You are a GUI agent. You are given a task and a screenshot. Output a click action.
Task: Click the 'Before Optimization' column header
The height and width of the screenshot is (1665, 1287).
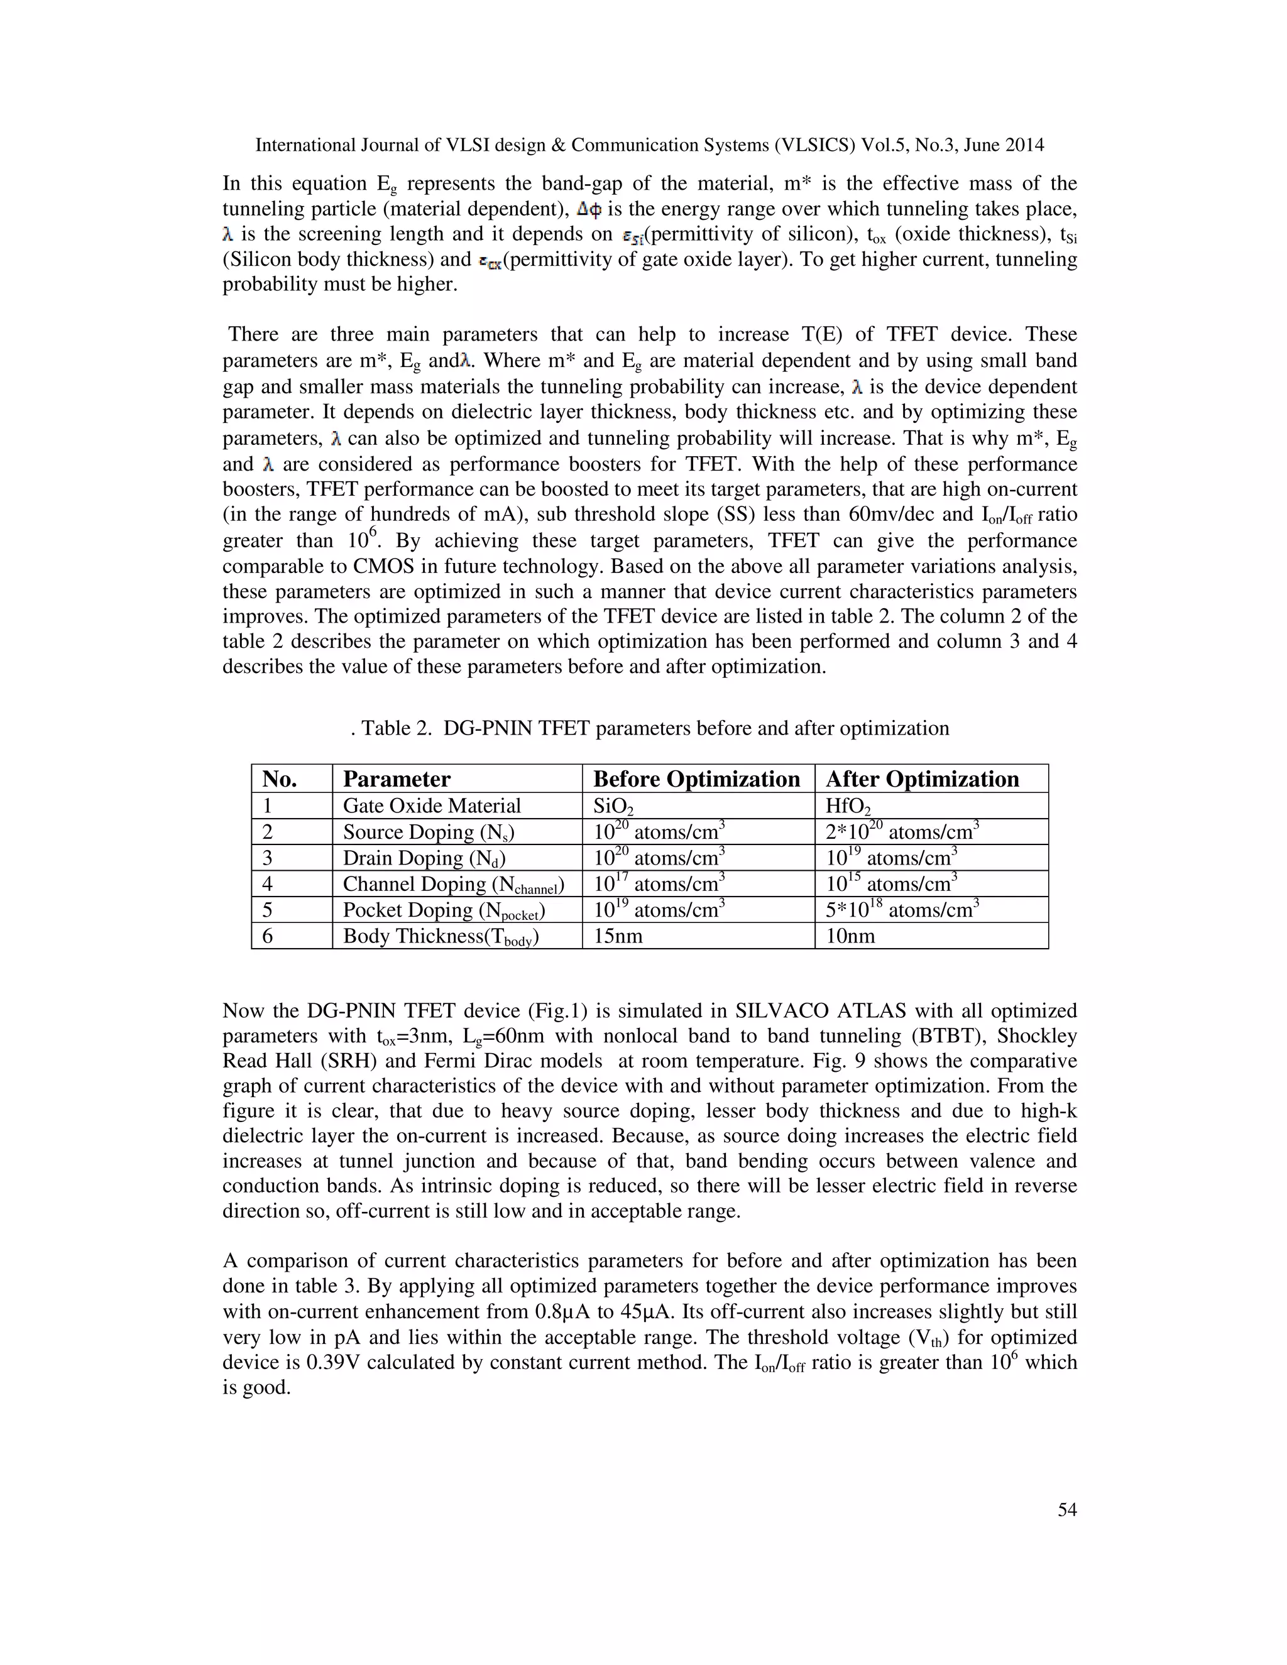(696, 779)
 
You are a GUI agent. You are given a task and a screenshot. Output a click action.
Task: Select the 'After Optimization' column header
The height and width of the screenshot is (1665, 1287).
(922, 779)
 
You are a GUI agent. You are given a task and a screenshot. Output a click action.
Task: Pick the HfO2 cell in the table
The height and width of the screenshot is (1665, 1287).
(848, 807)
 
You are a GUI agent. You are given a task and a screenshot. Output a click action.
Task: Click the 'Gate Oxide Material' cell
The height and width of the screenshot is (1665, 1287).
(432, 806)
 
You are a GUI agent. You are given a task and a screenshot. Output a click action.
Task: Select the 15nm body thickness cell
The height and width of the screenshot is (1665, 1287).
(618, 936)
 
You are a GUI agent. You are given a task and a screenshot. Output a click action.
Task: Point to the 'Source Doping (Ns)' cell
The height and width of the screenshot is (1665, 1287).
(429, 832)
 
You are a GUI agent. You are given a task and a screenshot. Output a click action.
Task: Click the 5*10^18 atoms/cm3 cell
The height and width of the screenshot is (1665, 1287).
(902, 910)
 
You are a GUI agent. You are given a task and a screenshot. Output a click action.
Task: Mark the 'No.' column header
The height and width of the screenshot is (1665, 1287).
(280, 779)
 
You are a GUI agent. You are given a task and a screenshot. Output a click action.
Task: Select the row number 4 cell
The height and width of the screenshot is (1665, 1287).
(268, 885)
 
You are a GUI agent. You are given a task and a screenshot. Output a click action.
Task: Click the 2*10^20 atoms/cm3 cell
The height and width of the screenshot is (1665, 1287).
(902, 832)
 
